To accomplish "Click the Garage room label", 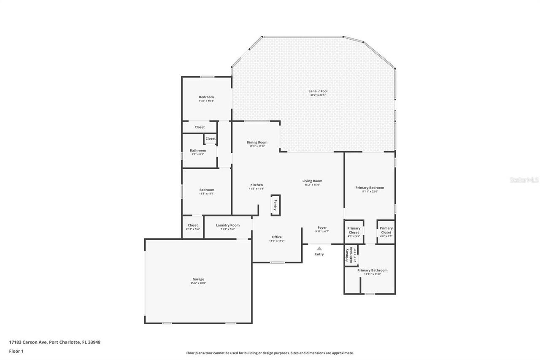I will pyautogui.click(x=198, y=279).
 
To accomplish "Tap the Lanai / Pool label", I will pyautogui.click(x=318, y=91).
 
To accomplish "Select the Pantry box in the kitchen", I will pyautogui.click(x=275, y=205).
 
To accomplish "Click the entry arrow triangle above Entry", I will pyautogui.click(x=319, y=249).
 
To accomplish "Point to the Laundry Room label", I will pyautogui.click(x=227, y=225).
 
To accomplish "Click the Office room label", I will pyautogui.click(x=277, y=237).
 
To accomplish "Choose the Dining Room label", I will pyautogui.click(x=257, y=142).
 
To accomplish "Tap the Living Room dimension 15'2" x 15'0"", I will pyautogui.click(x=312, y=185).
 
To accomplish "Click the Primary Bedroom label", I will pyautogui.click(x=370, y=187).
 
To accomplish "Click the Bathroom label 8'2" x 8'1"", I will pyautogui.click(x=198, y=151).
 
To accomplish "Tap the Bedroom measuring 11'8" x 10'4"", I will pyautogui.click(x=206, y=97).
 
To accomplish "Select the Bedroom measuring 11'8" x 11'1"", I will pyautogui.click(x=206, y=190).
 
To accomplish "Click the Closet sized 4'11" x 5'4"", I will pyautogui.click(x=193, y=225).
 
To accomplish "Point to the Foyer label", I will pyautogui.click(x=322, y=227).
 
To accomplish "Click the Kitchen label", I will pyautogui.click(x=256, y=185).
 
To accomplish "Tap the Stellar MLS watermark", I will pyautogui.click(x=524, y=180).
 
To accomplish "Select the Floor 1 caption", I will pyautogui.click(x=16, y=351).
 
